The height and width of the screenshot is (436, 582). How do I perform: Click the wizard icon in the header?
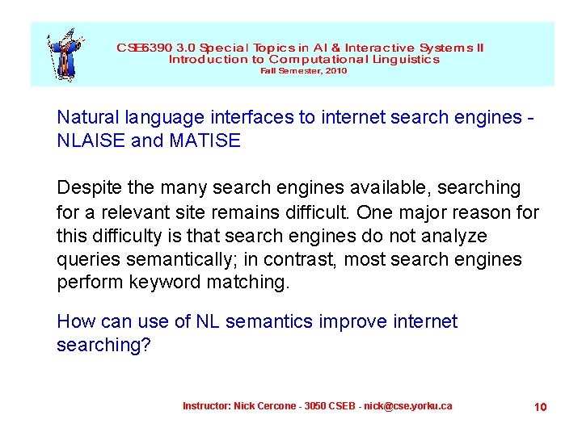(61, 54)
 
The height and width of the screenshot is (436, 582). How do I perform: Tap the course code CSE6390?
(144, 48)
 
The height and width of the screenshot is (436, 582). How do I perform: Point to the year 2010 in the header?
(335, 71)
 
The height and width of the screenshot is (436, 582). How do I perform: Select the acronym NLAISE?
(91, 141)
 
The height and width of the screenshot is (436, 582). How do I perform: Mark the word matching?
(251, 283)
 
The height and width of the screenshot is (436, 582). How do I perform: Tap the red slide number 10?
(540, 406)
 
